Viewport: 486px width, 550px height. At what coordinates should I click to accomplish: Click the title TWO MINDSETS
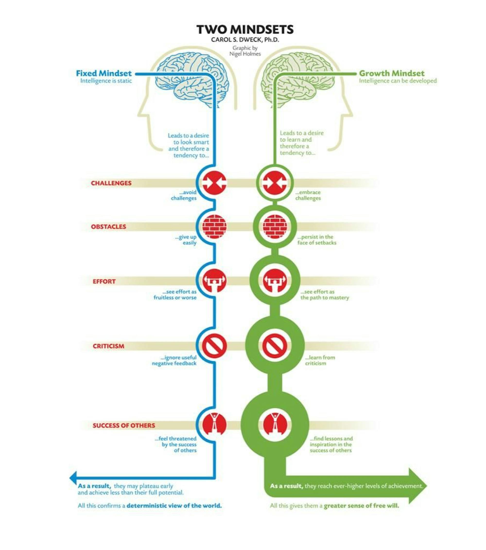pos(245,29)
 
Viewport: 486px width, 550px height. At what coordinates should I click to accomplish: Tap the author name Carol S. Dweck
pos(245,40)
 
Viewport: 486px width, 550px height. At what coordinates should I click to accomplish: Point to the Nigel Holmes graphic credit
pos(245,51)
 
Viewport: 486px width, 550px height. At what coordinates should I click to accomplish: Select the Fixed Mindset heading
pos(104,73)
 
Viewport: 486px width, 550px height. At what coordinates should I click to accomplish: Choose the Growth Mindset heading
pos(391,73)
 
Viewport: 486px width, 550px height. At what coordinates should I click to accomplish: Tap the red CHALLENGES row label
pos(111,183)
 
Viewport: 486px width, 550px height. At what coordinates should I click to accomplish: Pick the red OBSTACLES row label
pos(108,227)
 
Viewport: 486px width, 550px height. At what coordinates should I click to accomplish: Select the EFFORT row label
pos(104,282)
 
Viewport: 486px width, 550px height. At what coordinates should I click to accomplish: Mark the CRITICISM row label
pos(108,346)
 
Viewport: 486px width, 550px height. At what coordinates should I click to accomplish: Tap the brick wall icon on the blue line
pos(215,227)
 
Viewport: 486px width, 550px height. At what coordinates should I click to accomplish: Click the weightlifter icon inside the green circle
pos(275,281)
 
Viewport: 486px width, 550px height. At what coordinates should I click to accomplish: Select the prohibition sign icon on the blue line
pos(215,346)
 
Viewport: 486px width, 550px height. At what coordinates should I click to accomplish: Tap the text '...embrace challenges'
pos(308,195)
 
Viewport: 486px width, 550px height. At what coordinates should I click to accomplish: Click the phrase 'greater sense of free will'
pos(361,506)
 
